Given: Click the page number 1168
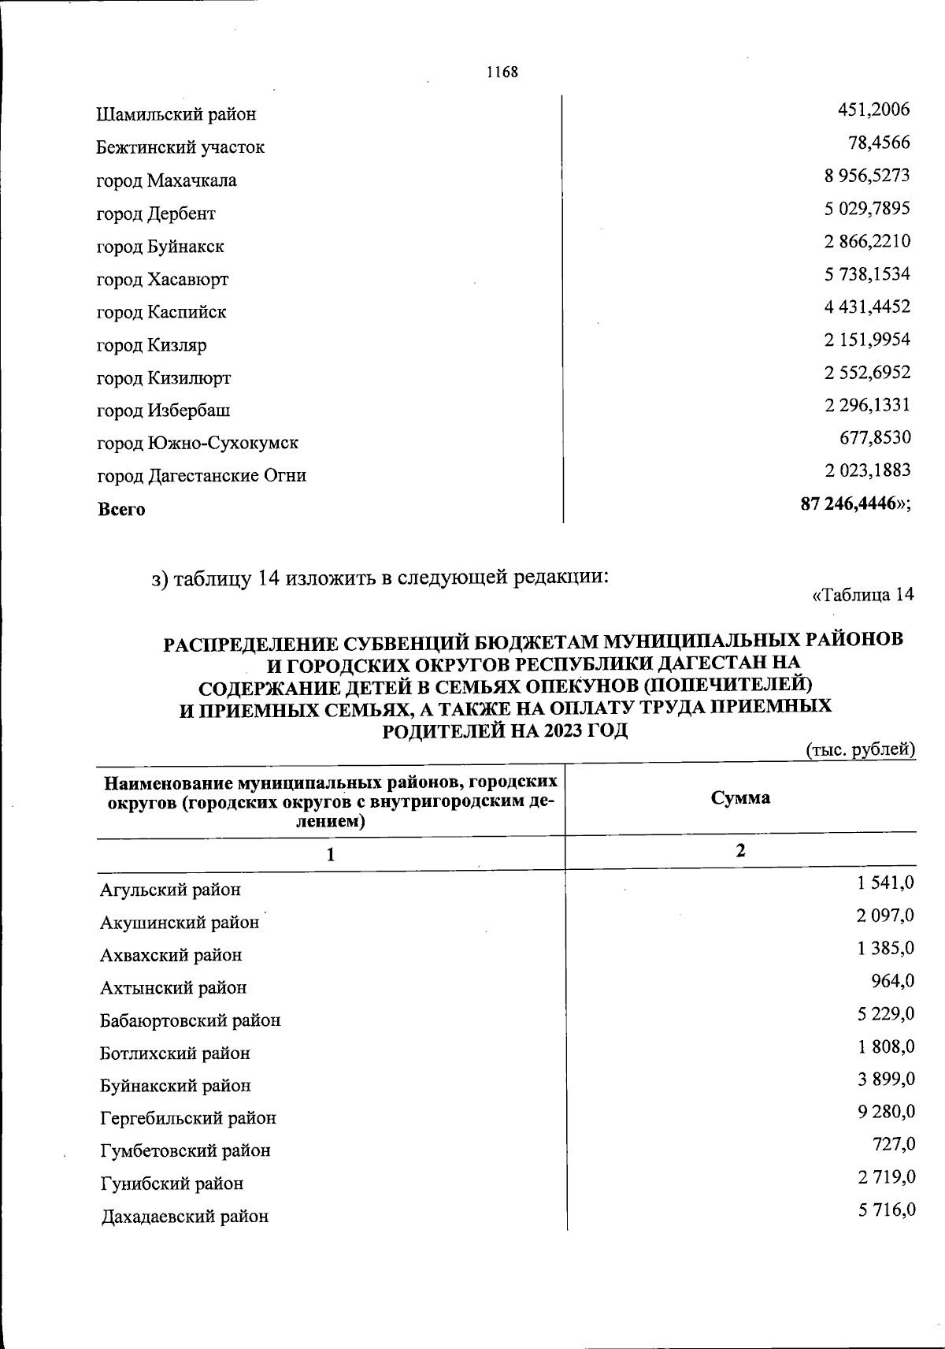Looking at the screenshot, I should [x=502, y=72].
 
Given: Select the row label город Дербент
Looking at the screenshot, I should [x=156, y=214].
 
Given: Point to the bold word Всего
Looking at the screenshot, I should [x=121, y=509].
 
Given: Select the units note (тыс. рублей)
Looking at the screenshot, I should [x=860, y=749].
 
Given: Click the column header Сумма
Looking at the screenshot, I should [x=740, y=797].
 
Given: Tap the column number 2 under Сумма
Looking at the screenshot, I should [x=739, y=851].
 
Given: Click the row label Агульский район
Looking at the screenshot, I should [x=170, y=890].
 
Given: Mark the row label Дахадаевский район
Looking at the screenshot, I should [x=184, y=1216].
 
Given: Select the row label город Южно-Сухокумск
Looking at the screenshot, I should [x=197, y=443].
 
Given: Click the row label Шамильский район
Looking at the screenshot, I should [x=176, y=114].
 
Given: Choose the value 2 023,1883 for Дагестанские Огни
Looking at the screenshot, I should [x=868, y=470].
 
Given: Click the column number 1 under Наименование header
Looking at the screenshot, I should [x=331, y=854].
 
